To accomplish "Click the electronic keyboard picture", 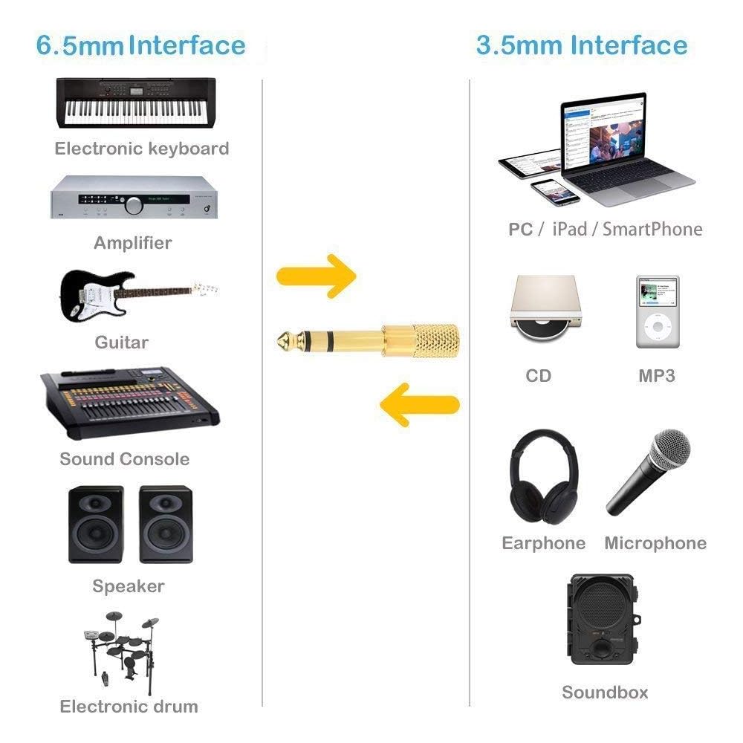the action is point(136,103).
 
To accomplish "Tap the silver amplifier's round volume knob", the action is point(134,205).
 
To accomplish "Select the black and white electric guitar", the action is point(138,296).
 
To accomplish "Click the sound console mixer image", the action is point(130,402).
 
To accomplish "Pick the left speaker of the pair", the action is point(96,524).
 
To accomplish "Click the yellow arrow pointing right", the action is point(316,276).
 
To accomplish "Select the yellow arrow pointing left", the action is point(420,405).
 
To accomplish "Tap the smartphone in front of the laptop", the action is point(555,192).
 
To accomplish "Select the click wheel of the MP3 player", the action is point(658,326).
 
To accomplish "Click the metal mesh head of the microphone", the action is point(670,450).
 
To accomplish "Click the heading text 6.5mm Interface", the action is point(140,45).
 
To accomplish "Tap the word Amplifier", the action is point(133,243).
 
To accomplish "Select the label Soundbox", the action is point(605,692).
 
